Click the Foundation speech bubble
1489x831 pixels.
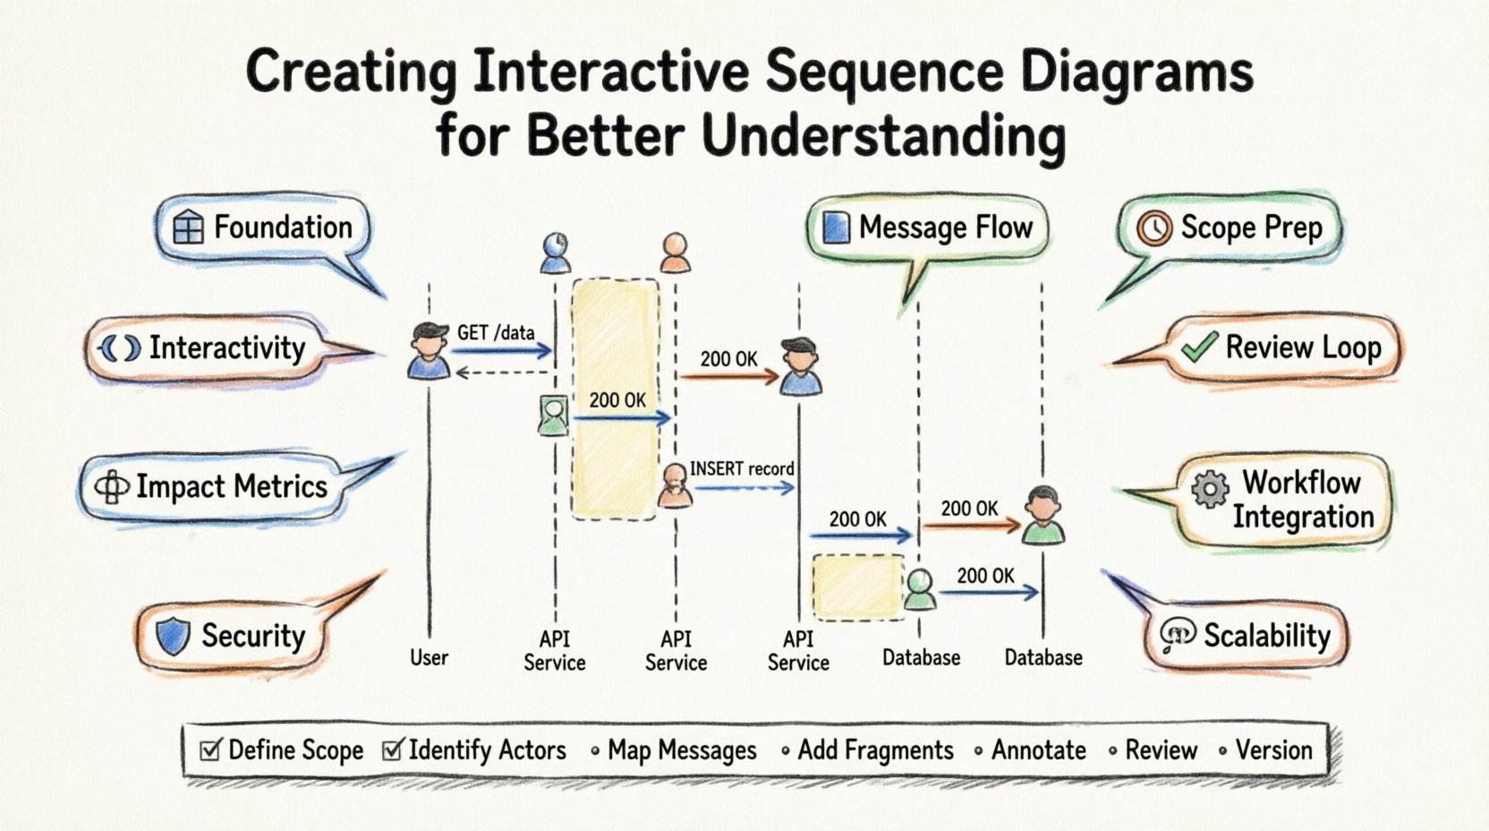pos(265,228)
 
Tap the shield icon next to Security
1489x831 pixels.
pos(173,636)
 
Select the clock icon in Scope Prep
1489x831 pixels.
pos(1154,228)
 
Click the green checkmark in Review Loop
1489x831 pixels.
pos(1198,347)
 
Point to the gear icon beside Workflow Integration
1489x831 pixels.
pos(1210,489)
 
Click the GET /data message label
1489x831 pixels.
pos(496,333)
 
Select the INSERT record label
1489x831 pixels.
pos(741,468)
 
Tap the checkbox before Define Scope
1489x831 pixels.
pos(210,750)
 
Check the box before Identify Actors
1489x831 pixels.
pos(392,750)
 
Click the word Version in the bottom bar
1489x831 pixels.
pos(1273,750)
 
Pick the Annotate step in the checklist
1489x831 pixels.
pos(1038,750)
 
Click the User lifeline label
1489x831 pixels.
pos(429,657)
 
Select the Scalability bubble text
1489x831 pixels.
pos(1266,636)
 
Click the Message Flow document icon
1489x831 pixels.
pos(836,227)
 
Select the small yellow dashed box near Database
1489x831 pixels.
pos(857,587)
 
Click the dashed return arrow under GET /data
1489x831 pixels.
pos(501,373)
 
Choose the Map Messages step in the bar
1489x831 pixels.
pos(681,750)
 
